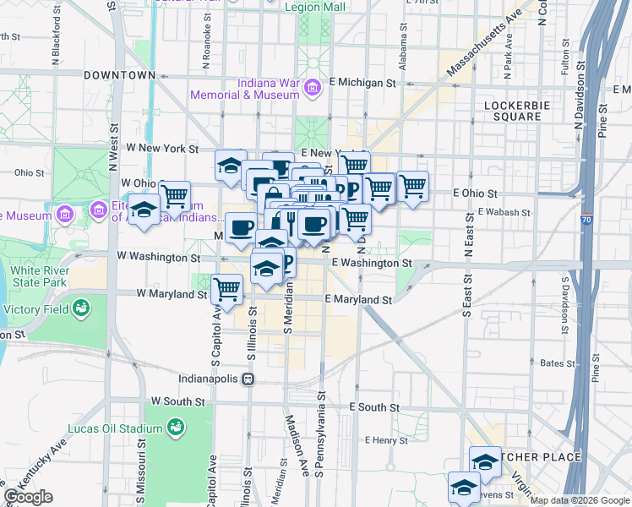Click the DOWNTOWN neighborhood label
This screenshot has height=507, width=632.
click(x=119, y=75)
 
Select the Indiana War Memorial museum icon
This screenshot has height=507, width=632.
click(x=312, y=87)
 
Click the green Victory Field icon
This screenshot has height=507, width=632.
click(x=81, y=308)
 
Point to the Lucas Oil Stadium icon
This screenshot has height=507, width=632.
click(x=176, y=427)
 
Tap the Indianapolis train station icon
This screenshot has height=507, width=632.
click(x=248, y=379)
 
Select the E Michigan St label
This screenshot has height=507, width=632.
click(x=363, y=83)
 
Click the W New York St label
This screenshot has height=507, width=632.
click(x=161, y=148)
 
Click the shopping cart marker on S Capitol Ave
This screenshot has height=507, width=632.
click(x=226, y=288)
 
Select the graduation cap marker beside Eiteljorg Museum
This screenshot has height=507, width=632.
click(x=144, y=210)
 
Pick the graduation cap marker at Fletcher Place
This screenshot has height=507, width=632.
click(x=485, y=461)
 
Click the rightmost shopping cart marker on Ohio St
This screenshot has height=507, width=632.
click(x=412, y=186)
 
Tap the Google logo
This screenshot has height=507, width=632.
click(x=28, y=497)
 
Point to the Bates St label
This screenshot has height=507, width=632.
click(x=557, y=363)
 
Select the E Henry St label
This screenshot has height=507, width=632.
click(x=386, y=440)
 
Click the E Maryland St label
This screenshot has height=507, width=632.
click(x=359, y=300)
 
